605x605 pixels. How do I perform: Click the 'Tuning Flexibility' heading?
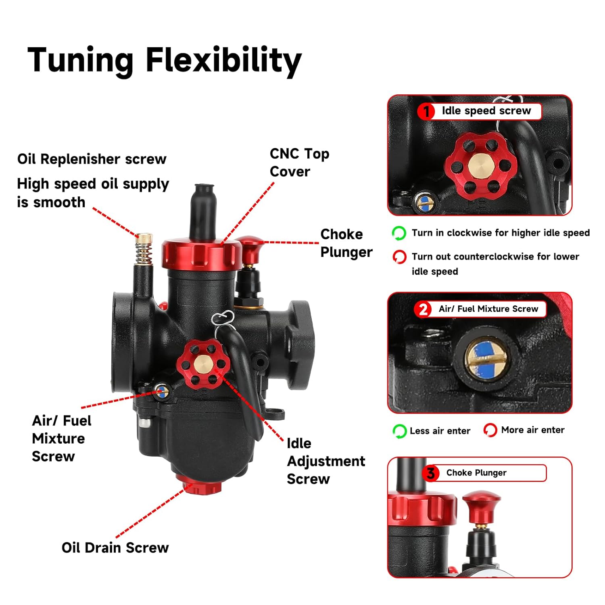pyautogui.click(x=164, y=60)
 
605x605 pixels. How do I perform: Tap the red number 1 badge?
pyautogui.click(x=426, y=111)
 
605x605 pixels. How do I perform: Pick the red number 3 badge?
pyautogui.click(x=431, y=473)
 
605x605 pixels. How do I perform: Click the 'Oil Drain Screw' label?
pyautogui.click(x=115, y=548)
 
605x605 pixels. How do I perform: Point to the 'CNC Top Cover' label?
pyautogui.click(x=299, y=163)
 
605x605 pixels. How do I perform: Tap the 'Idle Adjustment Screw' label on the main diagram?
pyautogui.click(x=325, y=461)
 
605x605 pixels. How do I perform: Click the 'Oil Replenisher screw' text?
pyautogui.click(x=92, y=159)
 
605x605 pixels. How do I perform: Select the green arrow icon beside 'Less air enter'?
pyautogui.click(x=399, y=431)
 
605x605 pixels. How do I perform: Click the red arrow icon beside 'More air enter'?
pyautogui.click(x=490, y=430)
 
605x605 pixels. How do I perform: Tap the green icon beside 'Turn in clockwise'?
pyautogui.click(x=399, y=233)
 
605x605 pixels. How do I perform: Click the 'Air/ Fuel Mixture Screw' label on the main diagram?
pyautogui.click(x=61, y=438)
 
